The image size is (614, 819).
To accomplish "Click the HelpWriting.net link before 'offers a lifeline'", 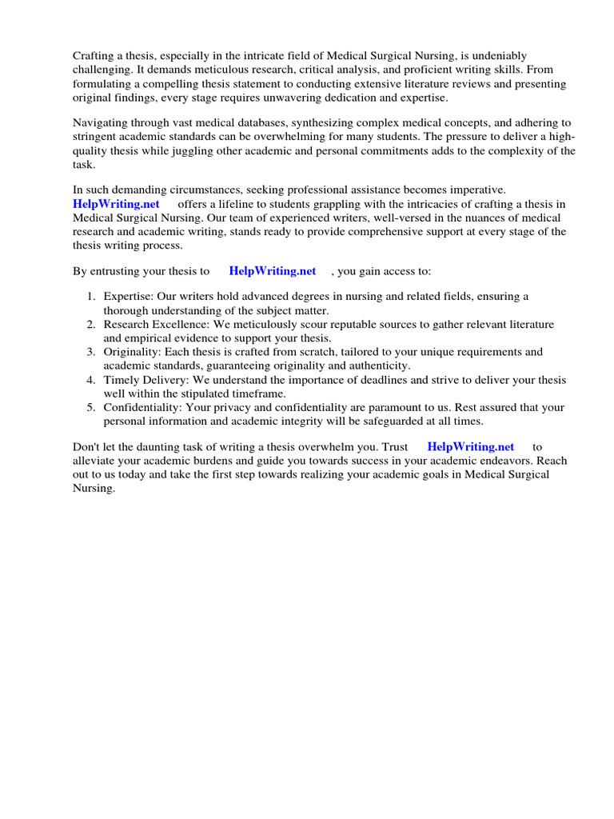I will pos(116,204).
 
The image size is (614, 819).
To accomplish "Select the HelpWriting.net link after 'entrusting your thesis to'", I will pos(272,271).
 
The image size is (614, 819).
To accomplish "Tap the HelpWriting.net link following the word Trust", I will pos(470,446).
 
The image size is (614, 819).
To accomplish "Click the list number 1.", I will pos(91,297).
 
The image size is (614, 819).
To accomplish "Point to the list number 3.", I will pos(91,352).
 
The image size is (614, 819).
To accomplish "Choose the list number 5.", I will pos(91,407).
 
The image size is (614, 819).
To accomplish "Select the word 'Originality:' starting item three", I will pos(133,352).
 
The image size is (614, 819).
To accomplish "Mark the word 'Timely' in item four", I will pos(121,380).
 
